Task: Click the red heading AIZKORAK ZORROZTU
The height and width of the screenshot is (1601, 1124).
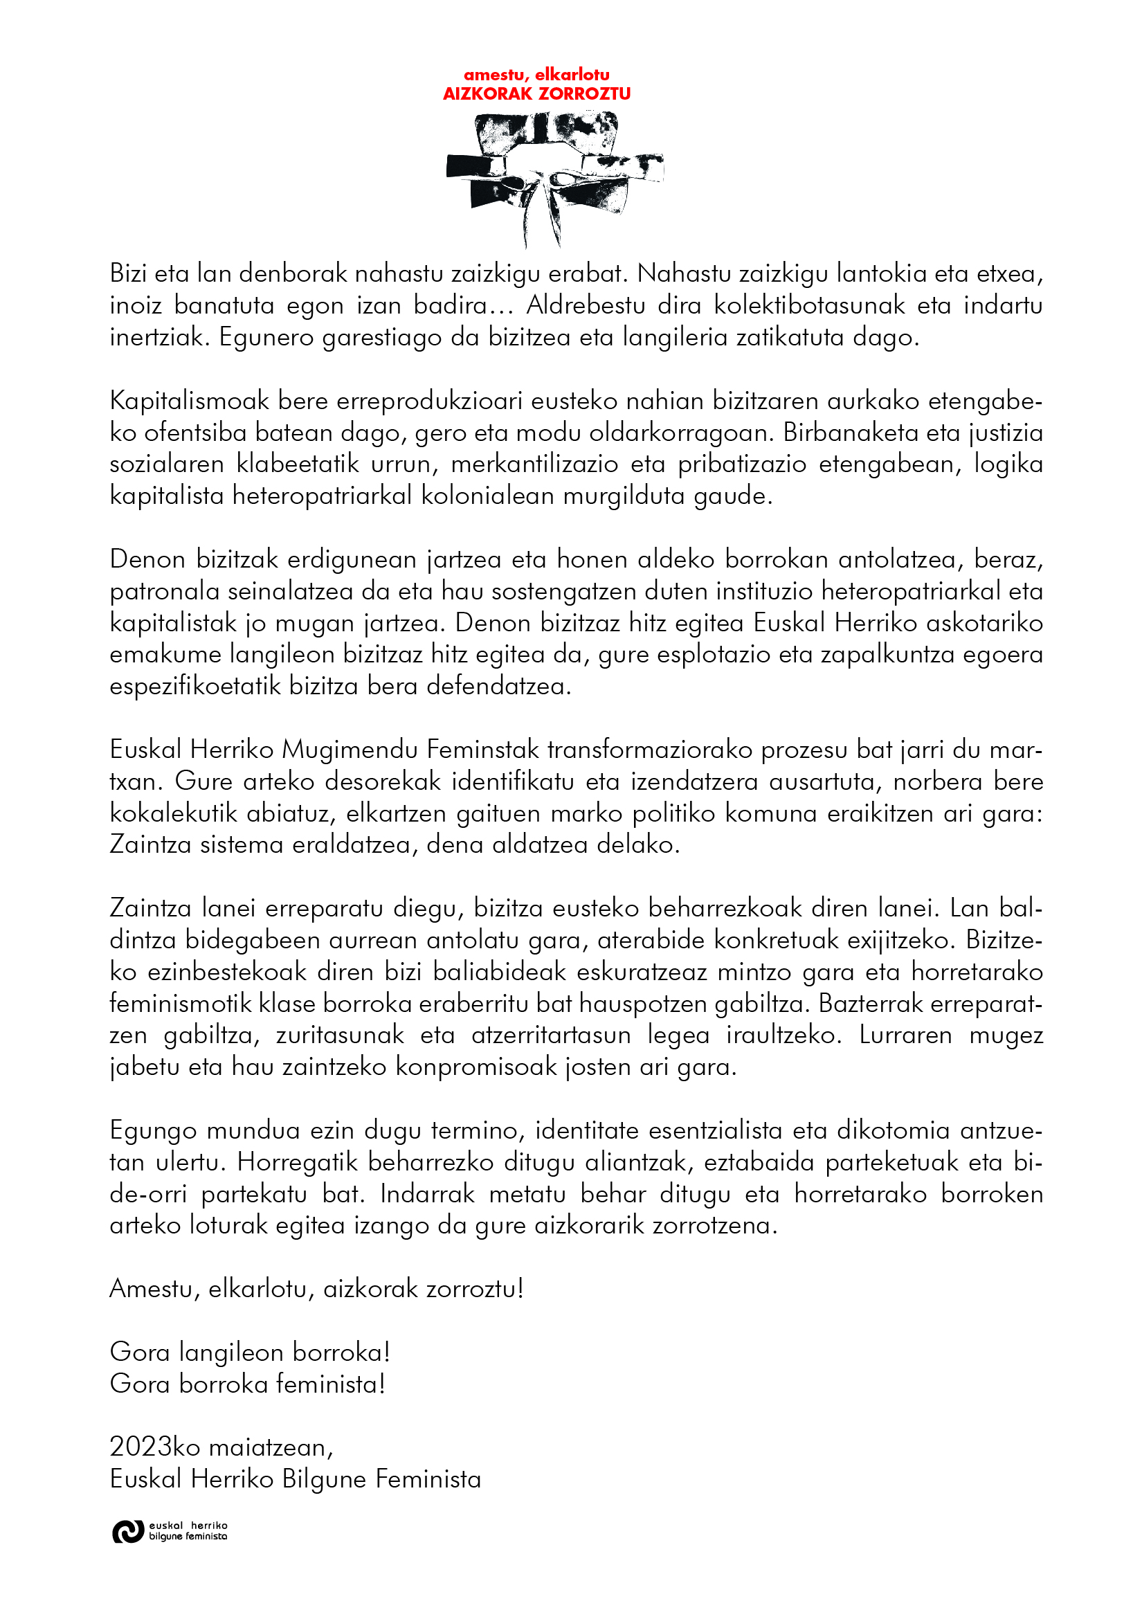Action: [536, 93]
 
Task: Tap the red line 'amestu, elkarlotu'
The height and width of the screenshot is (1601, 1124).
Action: [536, 75]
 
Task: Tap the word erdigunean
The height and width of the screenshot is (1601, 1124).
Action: [353, 560]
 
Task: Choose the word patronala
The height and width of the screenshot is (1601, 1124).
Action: [165, 591]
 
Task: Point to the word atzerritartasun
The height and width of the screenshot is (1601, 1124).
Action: [551, 1035]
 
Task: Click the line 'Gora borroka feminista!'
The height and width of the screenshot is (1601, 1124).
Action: [248, 1384]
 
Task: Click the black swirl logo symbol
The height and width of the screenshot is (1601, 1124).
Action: [127, 1532]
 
